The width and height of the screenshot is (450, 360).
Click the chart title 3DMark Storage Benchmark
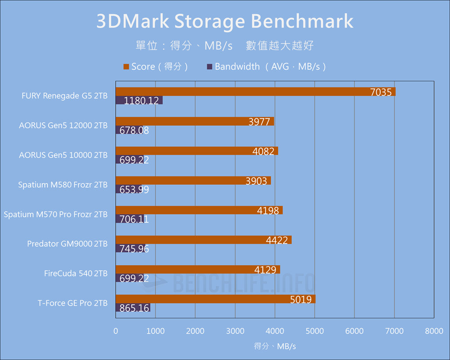(x=225, y=22)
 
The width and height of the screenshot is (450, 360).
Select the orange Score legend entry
(x=155, y=67)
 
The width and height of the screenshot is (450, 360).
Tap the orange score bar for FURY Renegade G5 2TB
(x=255, y=92)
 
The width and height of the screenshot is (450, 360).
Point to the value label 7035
(x=381, y=92)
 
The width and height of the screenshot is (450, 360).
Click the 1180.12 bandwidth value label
(x=141, y=101)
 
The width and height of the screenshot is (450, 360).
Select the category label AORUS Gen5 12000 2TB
(x=63, y=126)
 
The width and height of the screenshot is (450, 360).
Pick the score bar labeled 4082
(x=197, y=151)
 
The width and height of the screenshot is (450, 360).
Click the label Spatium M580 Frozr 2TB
(x=63, y=185)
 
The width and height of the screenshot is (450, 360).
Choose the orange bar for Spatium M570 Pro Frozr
(x=199, y=210)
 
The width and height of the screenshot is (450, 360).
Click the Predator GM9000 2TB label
(x=67, y=244)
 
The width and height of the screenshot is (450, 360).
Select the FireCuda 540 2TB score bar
(x=198, y=270)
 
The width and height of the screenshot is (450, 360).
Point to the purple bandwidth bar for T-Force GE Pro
(x=133, y=308)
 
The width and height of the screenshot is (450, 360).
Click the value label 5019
(x=301, y=299)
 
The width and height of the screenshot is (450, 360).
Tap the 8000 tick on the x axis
(x=434, y=331)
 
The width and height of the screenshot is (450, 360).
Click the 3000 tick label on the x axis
(x=235, y=331)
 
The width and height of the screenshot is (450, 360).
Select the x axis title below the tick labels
(x=275, y=346)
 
